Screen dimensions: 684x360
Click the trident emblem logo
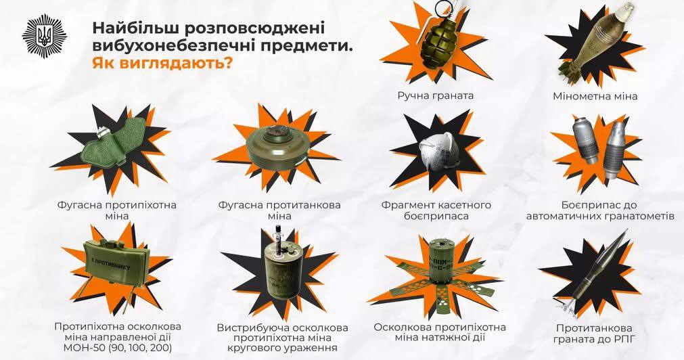(x=44, y=35)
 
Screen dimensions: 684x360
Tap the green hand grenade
(x=436, y=44)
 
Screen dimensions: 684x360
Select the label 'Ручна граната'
(x=435, y=95)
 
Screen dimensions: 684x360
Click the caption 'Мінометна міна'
(x=595, y=96)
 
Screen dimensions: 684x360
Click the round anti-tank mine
(x=277, y=147)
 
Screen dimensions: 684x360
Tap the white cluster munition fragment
(x=438, y=150)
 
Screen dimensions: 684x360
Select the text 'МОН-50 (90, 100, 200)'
(x=118, y=348)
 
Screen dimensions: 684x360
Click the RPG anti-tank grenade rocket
(x=593, y=271)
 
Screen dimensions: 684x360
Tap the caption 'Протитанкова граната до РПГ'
(x=594, y=333)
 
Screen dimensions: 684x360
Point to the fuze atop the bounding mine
(x=278, y=238)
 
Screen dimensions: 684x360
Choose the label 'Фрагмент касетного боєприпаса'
(x=436, y=210)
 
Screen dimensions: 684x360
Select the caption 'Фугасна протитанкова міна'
(x=279, y=210)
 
